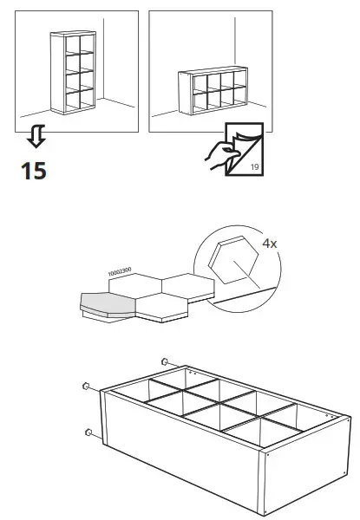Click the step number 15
click(33, 171)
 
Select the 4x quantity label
click(269, 244)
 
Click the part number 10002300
click(119, 272)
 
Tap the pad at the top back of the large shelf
click(165, 361)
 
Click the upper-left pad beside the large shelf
click(87, 387)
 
